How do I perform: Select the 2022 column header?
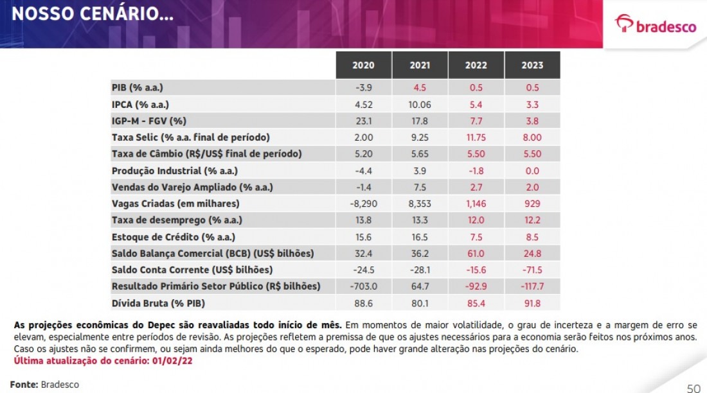pos(476,65)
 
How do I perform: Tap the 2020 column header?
pos(363,65)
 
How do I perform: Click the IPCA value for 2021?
pos(420,104)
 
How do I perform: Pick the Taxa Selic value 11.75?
pos(476,137)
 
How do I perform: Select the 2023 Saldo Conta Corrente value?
pos(532,270)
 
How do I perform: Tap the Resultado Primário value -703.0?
pos(363,286)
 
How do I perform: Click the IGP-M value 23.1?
pos(363,121)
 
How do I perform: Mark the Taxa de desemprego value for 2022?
pos(476,220)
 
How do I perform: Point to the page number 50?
pos(694,388)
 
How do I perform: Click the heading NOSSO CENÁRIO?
pos(93,14)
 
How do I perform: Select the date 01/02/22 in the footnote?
pos(174,362)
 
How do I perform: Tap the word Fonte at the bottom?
pos(23,385)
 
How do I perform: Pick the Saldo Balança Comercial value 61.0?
pos(476,253)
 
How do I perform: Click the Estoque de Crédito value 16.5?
pos(420,236)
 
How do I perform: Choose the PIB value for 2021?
pos(420,88)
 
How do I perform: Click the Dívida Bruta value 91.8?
pos(532,302)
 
